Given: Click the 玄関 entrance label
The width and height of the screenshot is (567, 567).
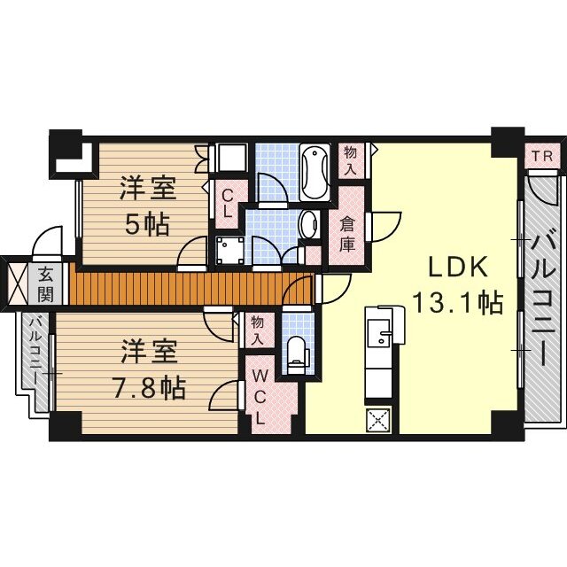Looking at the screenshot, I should (45, 285).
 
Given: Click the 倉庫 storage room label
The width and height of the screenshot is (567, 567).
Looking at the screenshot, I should (346, 234).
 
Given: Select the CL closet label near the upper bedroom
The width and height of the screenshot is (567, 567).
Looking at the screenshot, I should (228, 203).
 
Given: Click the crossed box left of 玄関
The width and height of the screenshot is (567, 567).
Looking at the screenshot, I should (17, 285).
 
